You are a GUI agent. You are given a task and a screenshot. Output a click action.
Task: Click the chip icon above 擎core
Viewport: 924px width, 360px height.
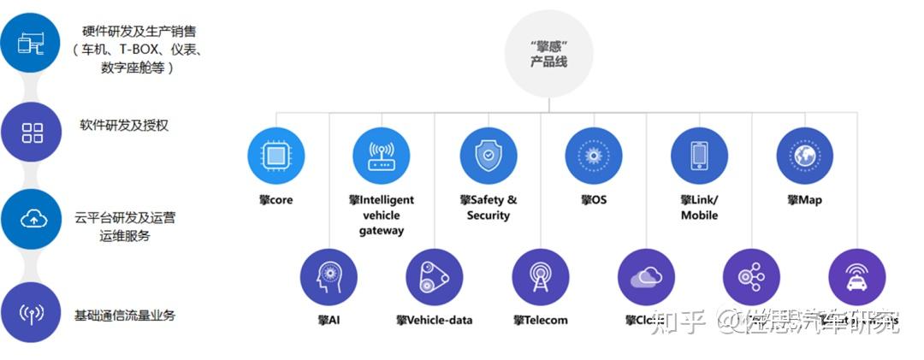pyautogui.click(x=275, y=156)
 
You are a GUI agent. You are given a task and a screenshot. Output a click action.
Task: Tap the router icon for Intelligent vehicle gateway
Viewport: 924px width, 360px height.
pyautogui.click(x=382, y=156)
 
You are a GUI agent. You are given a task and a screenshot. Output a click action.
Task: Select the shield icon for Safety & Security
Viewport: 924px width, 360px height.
pyautogui.click(x=488, y=156)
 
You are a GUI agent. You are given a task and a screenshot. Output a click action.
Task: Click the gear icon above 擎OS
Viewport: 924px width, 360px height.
pyautogui.click(x=593, y=156)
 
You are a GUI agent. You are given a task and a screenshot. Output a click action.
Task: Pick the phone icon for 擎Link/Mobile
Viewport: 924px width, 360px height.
pyautogui.click(x=699, y=156)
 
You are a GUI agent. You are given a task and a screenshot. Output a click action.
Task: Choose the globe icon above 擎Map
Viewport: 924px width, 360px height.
pyautogui.click(x=804, y=156)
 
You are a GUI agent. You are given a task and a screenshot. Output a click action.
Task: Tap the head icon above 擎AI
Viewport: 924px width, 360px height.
pyautogui.click(x=329, y=277)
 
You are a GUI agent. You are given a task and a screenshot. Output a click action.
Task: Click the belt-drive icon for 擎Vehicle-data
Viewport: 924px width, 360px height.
pyautogui.click(x=435, y=277)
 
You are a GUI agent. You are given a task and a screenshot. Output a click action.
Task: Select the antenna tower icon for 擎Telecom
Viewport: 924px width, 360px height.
pyautogui.click(x=541, y=277)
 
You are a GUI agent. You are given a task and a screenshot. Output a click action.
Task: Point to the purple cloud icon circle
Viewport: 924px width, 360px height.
pyautogui.click(x=646, y=277)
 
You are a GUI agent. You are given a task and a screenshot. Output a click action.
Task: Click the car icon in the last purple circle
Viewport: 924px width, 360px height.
pyautogui.click(x=857, y=277)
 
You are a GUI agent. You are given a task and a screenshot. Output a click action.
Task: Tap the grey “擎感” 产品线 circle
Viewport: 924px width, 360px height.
pyautogui.click(x=548, y=53)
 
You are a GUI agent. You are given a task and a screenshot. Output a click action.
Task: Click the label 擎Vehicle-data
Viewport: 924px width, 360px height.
pyautogui.click(x=435, y=321)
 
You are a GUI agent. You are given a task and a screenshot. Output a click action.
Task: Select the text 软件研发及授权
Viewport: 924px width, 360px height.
pyautogui.click(x=124, y=125)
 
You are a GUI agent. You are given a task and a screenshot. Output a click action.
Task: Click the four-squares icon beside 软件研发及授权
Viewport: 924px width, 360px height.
pyautogui.click(x=33, y=133)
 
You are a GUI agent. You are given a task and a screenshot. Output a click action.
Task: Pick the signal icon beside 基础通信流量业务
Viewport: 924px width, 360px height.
pyautogui.click(x=32, y=313)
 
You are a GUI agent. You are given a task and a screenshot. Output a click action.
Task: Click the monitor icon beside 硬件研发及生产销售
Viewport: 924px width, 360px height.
pyautogui.click(x=31, y=43)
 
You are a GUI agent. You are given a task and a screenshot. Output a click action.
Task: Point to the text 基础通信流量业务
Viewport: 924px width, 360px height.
pyautogui.click(x=125, y=315)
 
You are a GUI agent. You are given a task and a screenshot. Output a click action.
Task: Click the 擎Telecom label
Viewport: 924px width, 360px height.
pyautogui.click(x=541, y=321)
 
